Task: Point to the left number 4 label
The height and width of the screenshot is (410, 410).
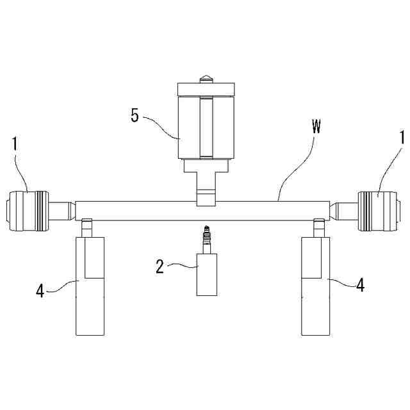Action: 40,291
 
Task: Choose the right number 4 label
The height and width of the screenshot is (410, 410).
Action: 360,286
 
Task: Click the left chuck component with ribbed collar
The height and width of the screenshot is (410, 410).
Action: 28,210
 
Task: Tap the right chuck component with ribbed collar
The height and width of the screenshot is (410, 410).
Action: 380,210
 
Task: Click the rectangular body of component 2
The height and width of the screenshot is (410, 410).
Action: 206,274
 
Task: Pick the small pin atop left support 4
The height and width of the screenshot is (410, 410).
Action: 87,226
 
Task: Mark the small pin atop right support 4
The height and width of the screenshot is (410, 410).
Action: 318,226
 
